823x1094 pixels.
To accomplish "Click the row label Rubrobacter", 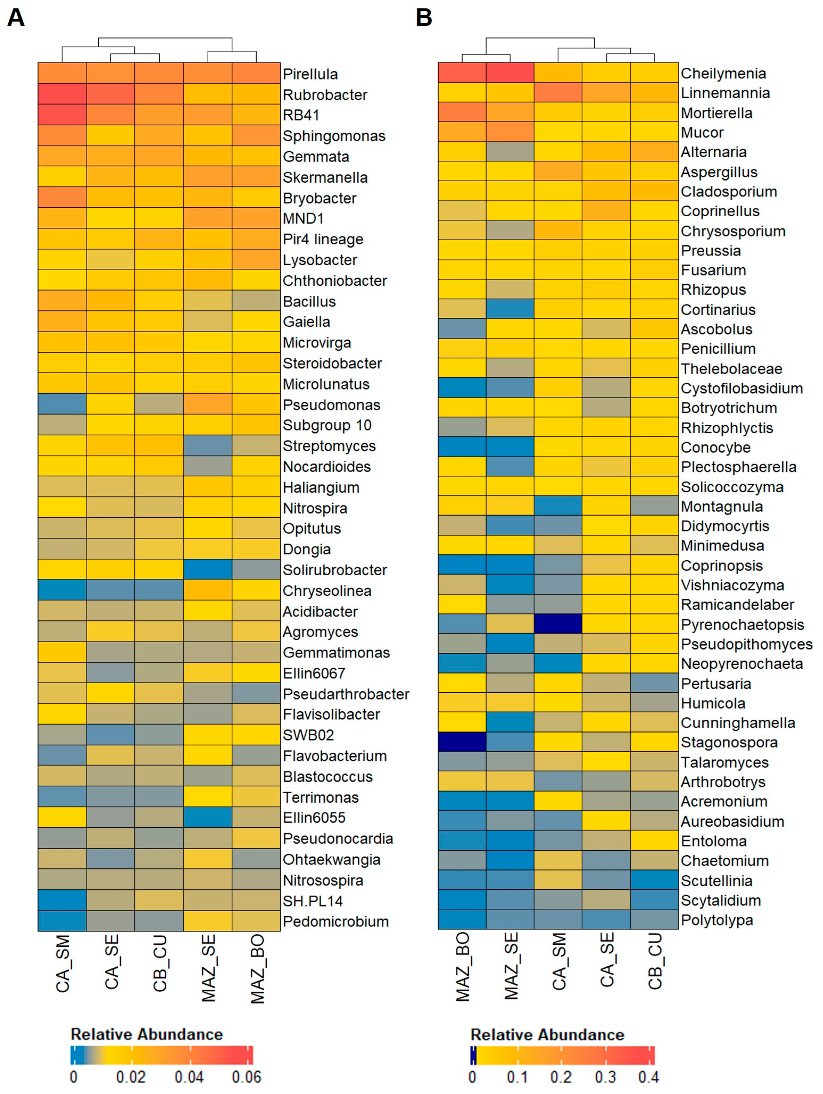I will [x=325, y=95].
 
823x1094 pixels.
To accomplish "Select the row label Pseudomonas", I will [x=331, y=405].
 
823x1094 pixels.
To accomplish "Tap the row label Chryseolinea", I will [x=327, y=591].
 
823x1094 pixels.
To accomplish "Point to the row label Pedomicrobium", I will [x=336, y=922].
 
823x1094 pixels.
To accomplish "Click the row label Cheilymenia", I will [x=723, y=74].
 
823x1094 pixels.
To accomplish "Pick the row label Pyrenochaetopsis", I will [x=742, y=625].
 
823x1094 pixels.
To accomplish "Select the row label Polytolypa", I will [x=717, y=920].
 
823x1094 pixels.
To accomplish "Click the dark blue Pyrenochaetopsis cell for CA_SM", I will [x=558, y=624].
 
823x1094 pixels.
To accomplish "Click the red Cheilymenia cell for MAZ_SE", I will [x=510, y=73].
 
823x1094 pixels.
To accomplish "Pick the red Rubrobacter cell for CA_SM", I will [x=62, y=94].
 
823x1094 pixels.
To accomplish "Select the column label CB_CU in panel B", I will [x=655, y=962].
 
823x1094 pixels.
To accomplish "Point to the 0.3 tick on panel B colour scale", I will [x=605, y=1077].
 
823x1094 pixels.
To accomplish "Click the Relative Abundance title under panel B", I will [x=547, y=1035].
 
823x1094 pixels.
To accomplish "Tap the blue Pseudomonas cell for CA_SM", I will [x=62, y=404].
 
